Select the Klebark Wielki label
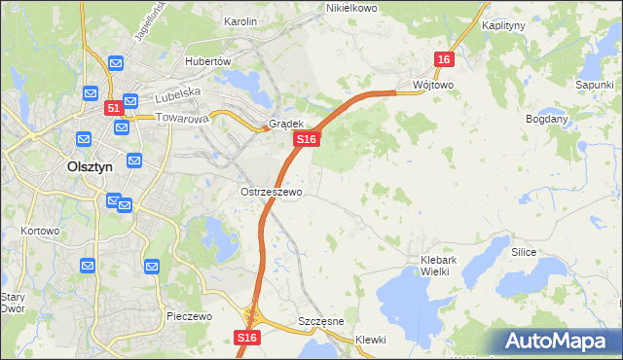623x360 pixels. click(x=445, y=267)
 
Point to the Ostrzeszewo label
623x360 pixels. click(x=272, y=192)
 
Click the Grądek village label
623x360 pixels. click(x=287, y=125)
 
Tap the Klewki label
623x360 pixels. click(x=371, y=340)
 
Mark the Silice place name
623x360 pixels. click(x=525, y=251)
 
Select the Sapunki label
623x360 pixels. click(x=594, y=86)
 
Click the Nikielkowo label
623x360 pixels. click(x=351, y=8)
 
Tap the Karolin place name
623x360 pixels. click(x=240, y=20)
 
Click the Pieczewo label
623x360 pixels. click(x=190, y=316)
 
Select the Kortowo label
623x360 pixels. click(x=40, y=232)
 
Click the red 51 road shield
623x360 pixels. click(x=113, y=108)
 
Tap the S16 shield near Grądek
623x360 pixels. click(x=306, y=140)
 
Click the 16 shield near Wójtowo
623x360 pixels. click(x=444, y=60)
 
